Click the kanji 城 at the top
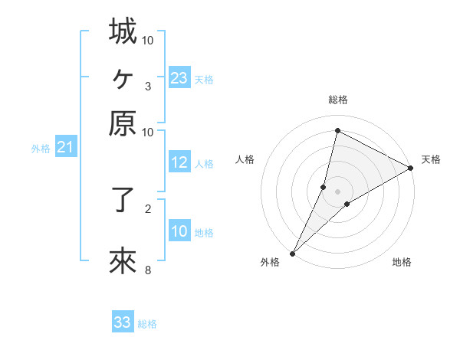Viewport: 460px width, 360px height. (x=123, y=31)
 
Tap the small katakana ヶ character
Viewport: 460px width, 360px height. (x=123, y=77)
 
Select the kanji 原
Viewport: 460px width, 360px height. (x=123, y=123)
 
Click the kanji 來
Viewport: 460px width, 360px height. (x=123, y=261)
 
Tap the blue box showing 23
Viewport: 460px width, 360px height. (x=179, y=78)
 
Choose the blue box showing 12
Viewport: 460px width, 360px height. (x=179, y=162)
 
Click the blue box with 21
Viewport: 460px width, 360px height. (x=65, y=148)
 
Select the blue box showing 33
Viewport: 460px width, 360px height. (x=123, y=322)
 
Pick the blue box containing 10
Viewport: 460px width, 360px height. (x=179, y=231)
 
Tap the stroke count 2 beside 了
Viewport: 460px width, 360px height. (x=147, y=208)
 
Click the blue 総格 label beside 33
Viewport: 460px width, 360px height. (x=147, y=324)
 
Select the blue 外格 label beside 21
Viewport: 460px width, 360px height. (x=41, y=149)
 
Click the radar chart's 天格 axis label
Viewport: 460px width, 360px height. (x=431, y=159)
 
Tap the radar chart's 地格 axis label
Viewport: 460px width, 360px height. (x=402, y=262)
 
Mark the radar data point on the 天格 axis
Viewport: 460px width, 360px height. (x=411, y=168)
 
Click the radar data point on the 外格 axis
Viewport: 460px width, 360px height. (x=292, y=254)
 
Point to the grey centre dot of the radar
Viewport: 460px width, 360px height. (x=337, y=191)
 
